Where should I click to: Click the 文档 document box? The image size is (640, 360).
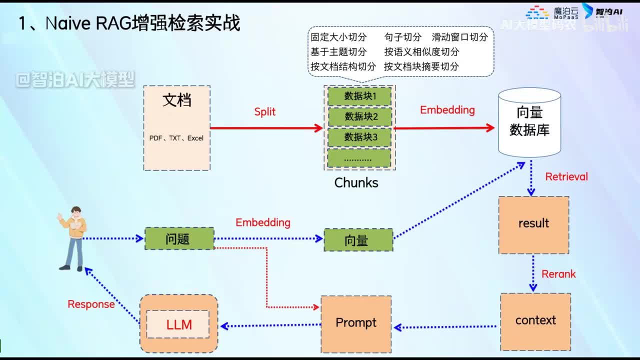coord(176,127)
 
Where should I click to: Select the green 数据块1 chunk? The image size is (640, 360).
coord(359,96)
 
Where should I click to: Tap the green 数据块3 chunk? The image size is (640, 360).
coord(359,137)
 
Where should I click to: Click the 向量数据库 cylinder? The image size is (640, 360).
coord(529,122)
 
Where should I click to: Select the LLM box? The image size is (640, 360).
coord(178,324)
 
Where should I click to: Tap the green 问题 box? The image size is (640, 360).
coord(179,239)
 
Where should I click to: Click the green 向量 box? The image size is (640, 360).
coord(358,240)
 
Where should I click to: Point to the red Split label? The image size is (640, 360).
coord(264,112)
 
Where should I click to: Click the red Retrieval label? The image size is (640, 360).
coord(566,177)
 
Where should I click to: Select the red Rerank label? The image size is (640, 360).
coord(558,274)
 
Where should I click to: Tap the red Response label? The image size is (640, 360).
coord(91,304)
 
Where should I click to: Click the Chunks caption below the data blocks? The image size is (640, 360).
coord(356,183)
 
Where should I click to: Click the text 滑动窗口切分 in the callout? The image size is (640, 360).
coord(459,37)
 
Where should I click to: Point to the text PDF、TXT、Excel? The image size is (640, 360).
coord(176,138)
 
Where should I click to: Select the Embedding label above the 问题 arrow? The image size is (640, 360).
coord(262,222)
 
